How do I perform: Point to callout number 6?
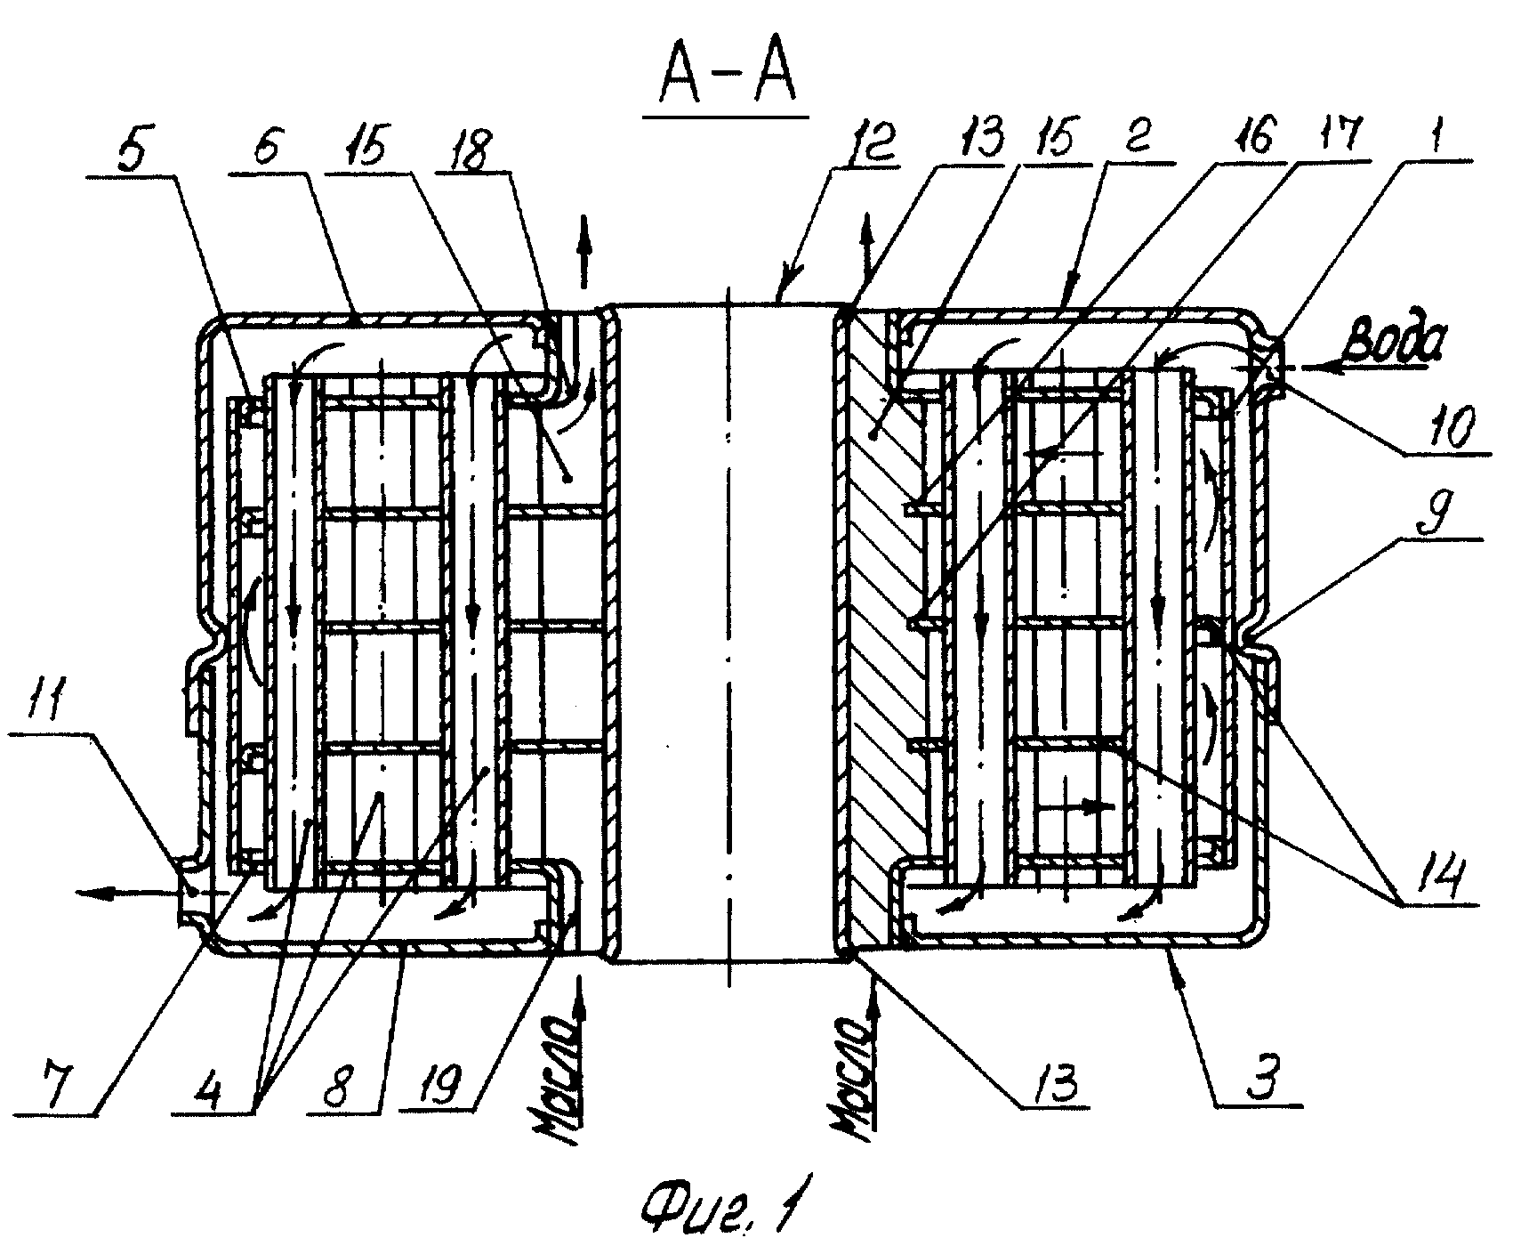pos(268,148)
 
